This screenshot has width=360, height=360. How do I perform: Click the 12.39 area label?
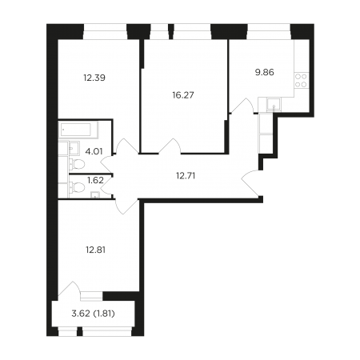pos(94,78)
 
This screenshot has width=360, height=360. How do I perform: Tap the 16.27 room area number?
pos(183,95)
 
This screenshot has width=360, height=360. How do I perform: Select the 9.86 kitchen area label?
pos(265,72)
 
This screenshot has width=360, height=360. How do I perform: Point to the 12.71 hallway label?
pos(186,176)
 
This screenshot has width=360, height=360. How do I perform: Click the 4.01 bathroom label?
pos(94,151)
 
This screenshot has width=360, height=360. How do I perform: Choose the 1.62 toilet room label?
pos(95,180)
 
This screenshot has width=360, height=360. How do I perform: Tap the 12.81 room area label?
pos(95,250)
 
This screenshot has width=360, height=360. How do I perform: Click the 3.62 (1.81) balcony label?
pos(94,314)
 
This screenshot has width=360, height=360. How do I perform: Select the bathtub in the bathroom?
pos(78,130)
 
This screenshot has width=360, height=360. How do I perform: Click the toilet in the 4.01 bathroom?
pos(77,164)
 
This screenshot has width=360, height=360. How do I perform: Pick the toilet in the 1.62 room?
pos(77,187)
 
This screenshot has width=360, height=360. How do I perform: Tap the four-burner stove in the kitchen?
pos(302,81)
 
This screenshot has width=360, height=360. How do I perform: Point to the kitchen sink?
pos(274,104)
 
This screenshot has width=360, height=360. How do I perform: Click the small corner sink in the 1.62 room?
pos(94,195)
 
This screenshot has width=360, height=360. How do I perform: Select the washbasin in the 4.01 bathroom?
pos(74,148)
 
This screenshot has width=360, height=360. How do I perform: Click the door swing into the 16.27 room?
pos(170,146)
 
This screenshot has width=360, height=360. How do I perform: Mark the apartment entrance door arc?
pos(250,184)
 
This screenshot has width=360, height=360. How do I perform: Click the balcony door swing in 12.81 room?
pos(69,288)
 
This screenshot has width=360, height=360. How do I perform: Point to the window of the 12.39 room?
pos(105,32)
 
